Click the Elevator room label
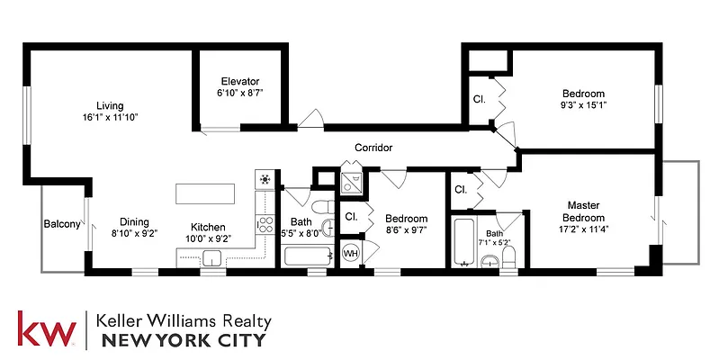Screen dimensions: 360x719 click(x=238, y=80)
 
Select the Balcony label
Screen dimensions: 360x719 click(x=61, y=224)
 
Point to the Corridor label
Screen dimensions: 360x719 click(x=373, y=148)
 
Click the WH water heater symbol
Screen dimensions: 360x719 click(x=351, y=254)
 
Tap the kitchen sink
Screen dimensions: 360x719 click(x=212, y=259)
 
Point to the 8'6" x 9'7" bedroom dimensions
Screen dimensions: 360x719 click(x=406, y=230)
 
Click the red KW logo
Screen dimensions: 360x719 click(x=46, y=330)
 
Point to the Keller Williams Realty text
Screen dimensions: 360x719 click(x=184, y=320)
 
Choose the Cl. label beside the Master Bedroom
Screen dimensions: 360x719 click(x=460, y=190)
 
